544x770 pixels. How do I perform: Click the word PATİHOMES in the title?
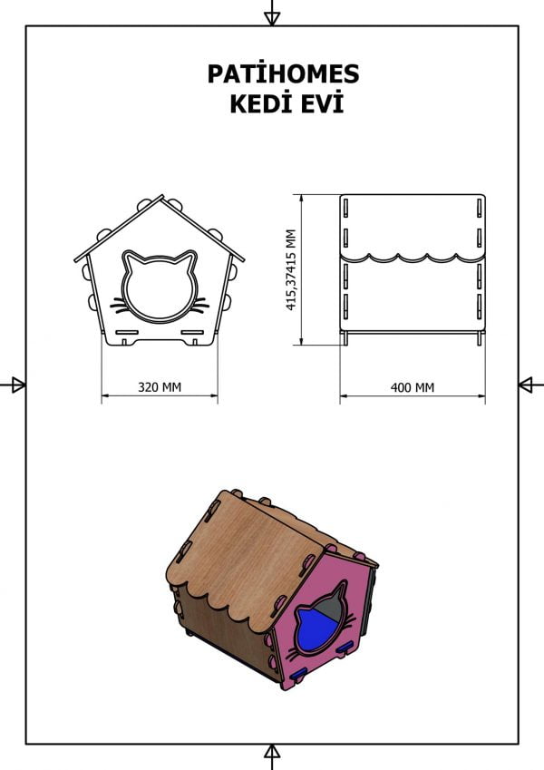pos(283,73)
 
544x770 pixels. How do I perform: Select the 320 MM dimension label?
pos(160,387)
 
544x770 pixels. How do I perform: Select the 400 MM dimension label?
pos(413,388)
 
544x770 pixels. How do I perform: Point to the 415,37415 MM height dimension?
pos(292,269)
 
